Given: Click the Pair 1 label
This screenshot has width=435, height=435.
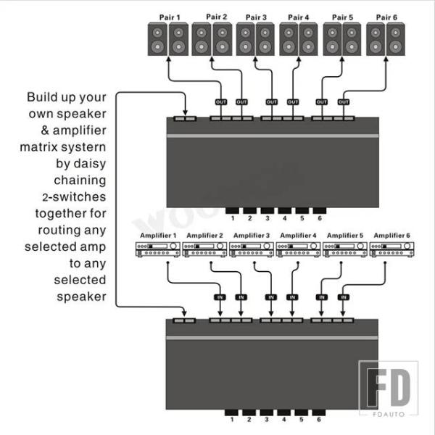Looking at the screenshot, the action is (170, 17).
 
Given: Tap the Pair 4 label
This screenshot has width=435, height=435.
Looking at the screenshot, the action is (298, 17).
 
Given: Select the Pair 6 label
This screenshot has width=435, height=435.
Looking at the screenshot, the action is (386, 17).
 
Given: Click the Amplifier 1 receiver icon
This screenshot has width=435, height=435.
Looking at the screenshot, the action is (158, 249).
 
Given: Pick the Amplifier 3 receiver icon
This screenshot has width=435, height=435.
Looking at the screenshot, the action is (252, 249).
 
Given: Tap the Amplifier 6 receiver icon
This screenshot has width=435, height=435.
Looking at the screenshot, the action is (391, 249).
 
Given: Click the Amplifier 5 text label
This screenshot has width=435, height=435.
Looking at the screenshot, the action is (345, 236).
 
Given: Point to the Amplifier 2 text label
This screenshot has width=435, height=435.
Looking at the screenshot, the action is (204, 236).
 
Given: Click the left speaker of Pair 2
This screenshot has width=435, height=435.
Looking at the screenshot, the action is (202, 39).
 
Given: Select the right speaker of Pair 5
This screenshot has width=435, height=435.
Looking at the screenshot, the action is (352, 39).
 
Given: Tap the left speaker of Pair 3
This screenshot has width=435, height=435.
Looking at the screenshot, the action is (246, 39).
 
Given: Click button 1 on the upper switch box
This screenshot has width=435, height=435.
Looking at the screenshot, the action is (232, 210).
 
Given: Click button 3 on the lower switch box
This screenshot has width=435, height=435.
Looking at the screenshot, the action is (266, 413).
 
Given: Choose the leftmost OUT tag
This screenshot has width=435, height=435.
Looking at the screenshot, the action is (221, 102).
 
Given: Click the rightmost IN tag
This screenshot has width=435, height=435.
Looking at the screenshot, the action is (344, 297).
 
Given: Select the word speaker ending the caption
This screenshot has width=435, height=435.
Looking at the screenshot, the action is (81, 297).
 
